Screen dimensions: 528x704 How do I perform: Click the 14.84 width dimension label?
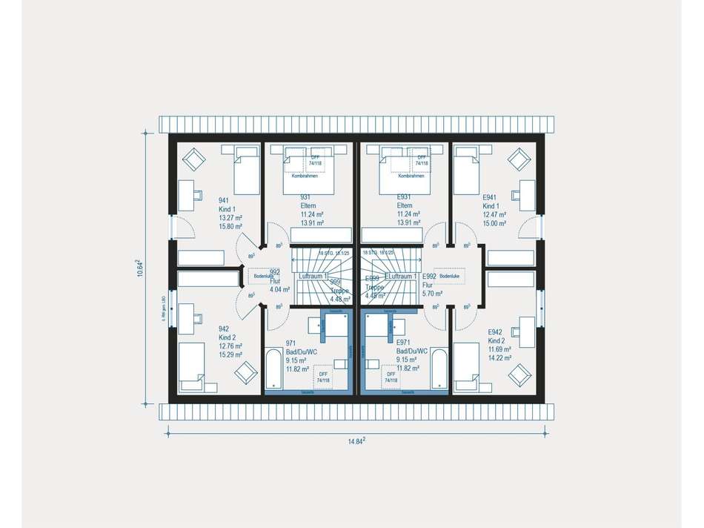pos(357,441)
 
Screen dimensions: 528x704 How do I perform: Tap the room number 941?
pos(223,200)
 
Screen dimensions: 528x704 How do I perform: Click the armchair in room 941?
pos(194,157)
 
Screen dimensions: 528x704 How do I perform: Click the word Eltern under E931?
pos(405,205)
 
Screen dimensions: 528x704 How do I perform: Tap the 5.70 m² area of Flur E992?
pos(433,293)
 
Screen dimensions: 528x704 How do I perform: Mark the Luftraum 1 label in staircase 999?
pos(313,275)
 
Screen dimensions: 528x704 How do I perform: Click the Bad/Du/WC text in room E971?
pos(412,350)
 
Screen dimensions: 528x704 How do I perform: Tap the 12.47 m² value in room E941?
pos(494,214)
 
